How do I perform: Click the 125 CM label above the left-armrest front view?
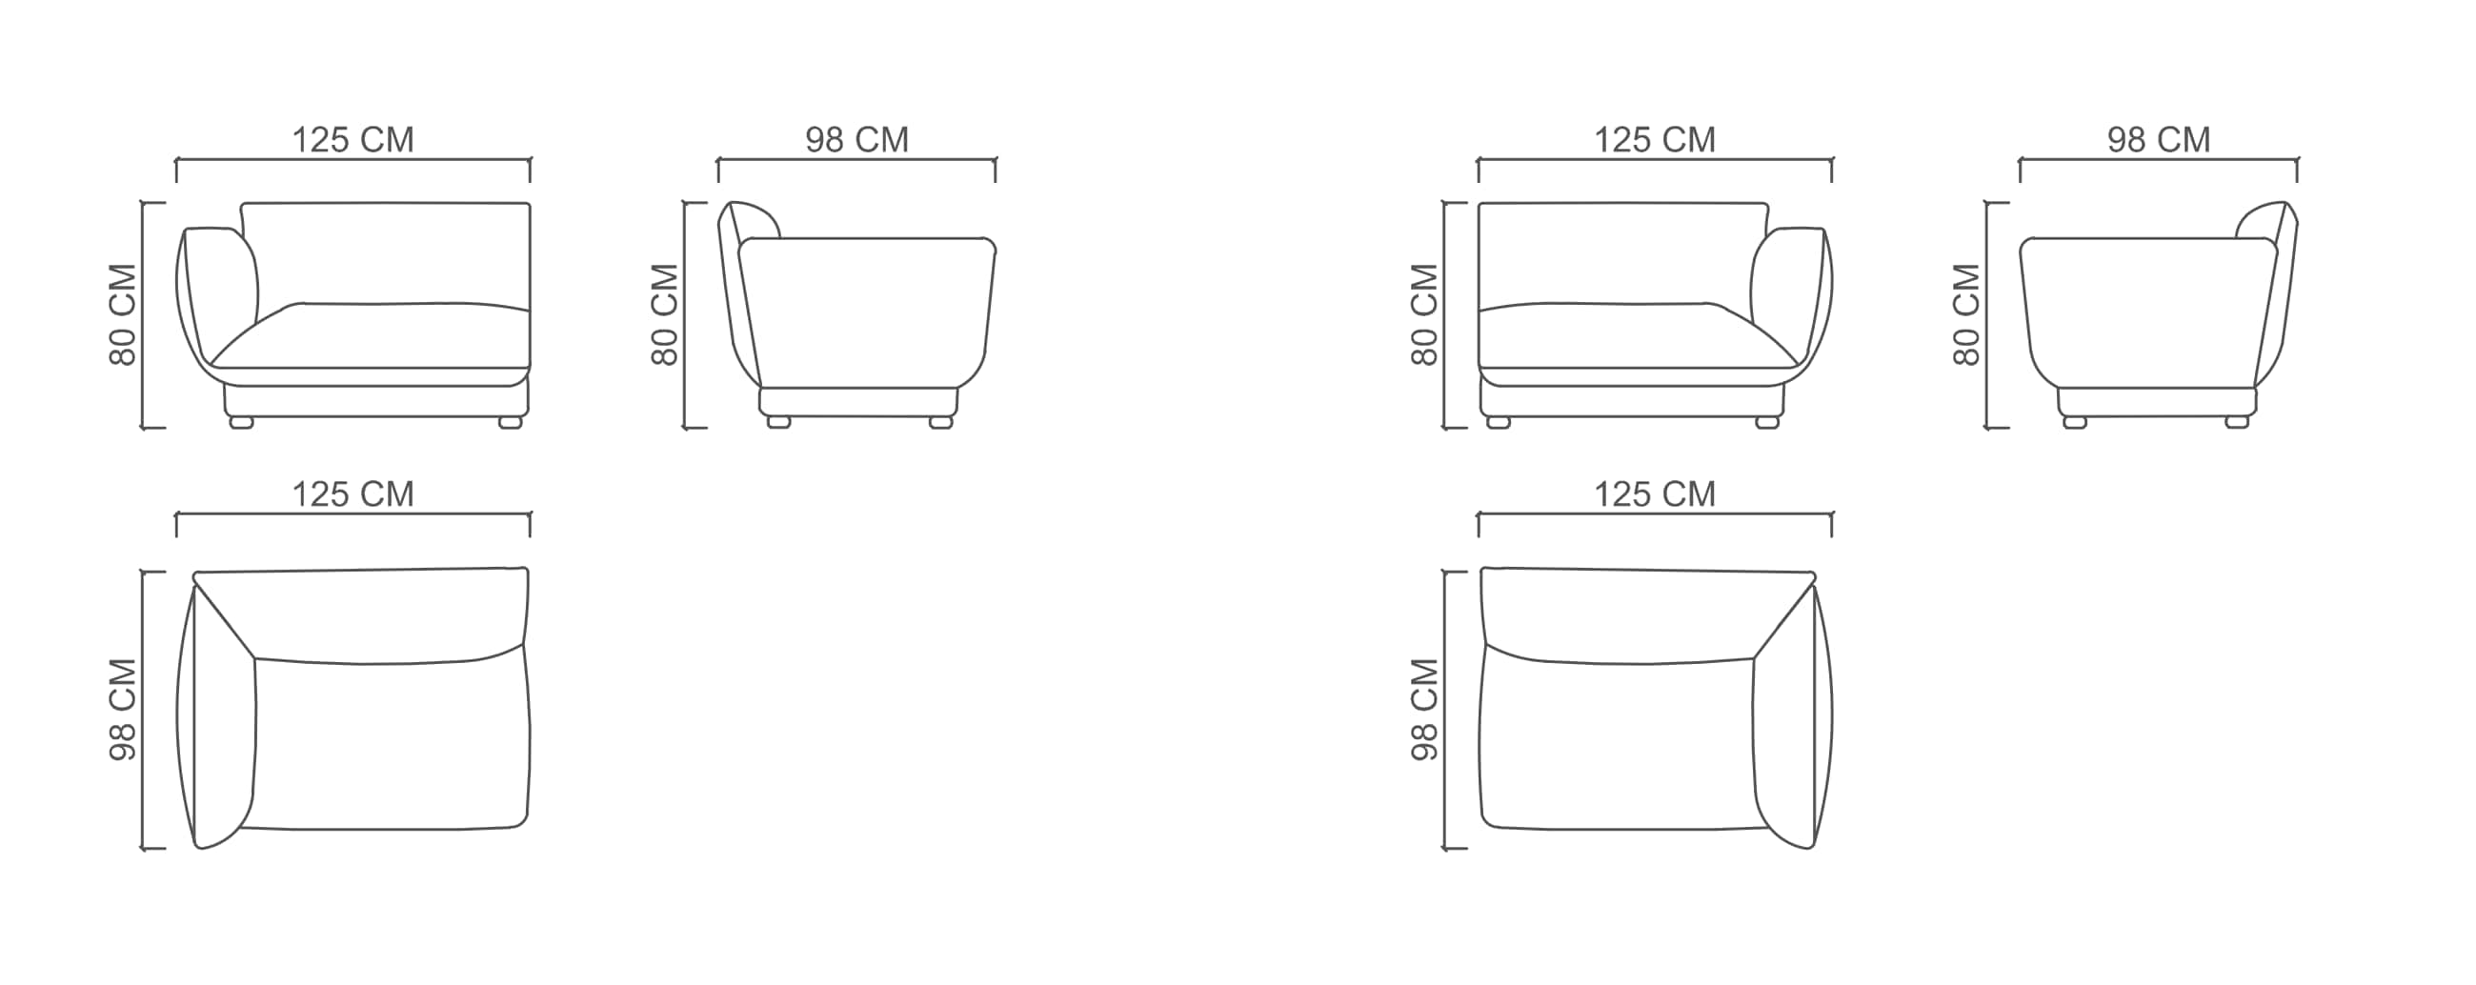(352, 140)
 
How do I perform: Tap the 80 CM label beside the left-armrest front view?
(124, 315)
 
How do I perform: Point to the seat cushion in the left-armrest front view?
(370, 336)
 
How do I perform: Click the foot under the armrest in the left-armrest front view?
(241, 422)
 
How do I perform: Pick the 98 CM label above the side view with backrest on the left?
(856, 140)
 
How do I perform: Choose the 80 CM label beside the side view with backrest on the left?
(665, 315)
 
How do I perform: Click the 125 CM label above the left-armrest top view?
(352, 495)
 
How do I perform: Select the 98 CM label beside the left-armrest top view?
(124, 710)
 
